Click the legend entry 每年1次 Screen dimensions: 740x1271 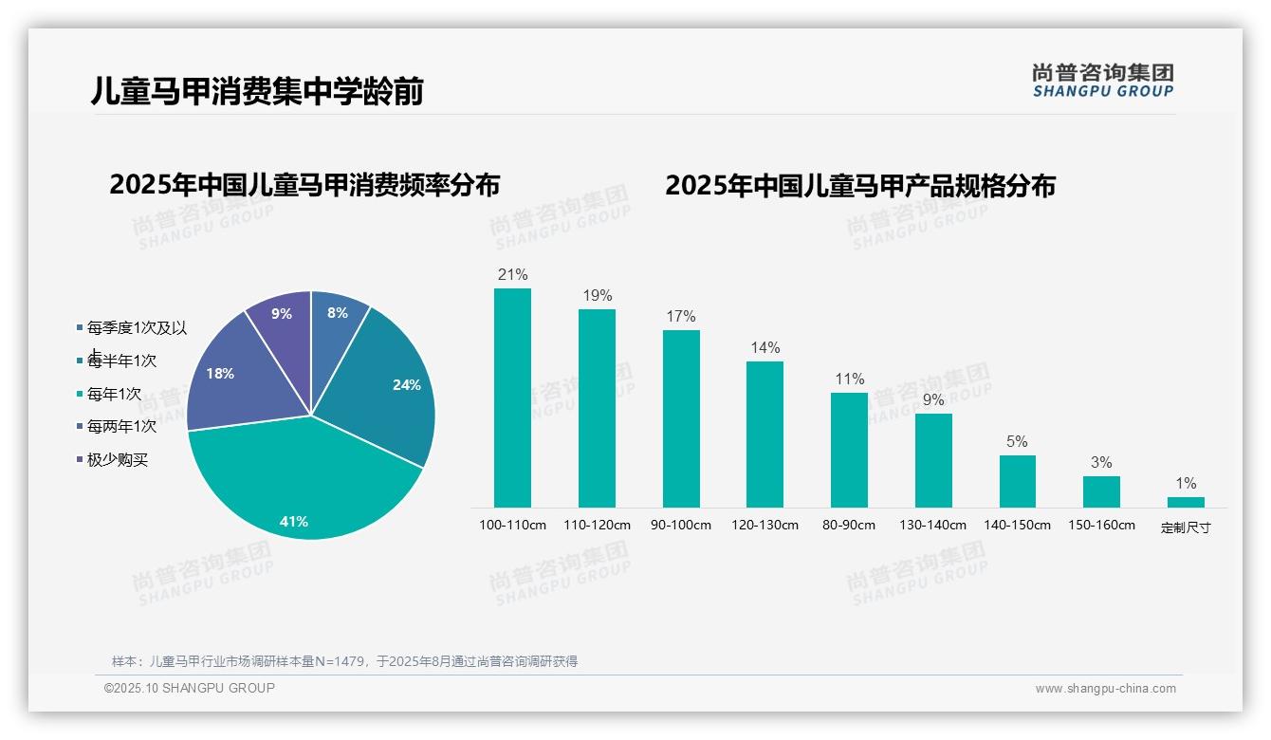(x=114, y=394)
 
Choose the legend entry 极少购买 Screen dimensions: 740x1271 (x=118, y=460)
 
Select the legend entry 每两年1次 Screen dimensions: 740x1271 (x=121, y=427)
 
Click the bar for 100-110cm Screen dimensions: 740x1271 (x=512, y=398)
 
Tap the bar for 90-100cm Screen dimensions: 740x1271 (x=681, y=418)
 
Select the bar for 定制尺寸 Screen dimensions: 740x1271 (x=1186, y=502)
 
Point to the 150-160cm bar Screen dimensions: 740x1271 (x=1101, y=491)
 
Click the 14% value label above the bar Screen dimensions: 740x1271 (x=765, y=348)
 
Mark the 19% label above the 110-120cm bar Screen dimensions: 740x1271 (x=598, y=296)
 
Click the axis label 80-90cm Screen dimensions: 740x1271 (x=849, y=525)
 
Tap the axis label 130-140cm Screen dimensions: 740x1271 (x=932, y=525)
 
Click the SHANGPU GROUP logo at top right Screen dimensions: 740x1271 (x=1102, y=81)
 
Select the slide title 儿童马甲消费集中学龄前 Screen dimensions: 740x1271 (x=257, y=91)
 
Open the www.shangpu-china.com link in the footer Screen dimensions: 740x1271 (x=1105, y=689)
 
